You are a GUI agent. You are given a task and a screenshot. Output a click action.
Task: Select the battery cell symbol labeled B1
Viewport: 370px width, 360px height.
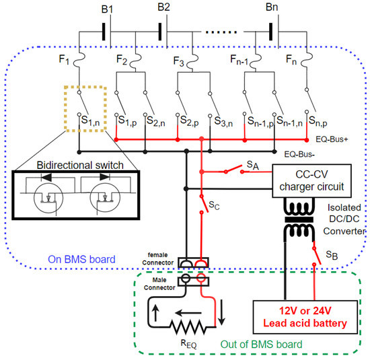(107, 32)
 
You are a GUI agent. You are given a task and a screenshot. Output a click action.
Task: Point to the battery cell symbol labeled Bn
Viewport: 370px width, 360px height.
(274, 32)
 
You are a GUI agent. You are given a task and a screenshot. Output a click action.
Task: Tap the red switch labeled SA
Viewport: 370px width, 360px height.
(234, 170)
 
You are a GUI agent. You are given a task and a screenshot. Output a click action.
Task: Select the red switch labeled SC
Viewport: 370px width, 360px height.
(204, 204)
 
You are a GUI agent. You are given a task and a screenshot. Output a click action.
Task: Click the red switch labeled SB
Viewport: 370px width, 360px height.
(317, 256)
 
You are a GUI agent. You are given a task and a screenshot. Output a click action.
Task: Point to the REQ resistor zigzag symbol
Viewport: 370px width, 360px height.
(188, 327)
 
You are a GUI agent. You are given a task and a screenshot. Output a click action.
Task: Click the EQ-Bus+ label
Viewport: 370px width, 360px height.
(332, 139)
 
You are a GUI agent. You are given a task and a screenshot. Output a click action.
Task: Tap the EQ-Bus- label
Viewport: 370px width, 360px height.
(299, 154)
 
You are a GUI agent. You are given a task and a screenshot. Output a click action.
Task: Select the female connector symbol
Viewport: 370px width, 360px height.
(193, 262)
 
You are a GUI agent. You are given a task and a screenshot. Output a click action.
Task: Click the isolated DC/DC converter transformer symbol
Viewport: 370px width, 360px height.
(299, 220)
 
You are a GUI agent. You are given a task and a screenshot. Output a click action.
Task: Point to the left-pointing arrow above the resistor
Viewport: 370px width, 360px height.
(188, 313)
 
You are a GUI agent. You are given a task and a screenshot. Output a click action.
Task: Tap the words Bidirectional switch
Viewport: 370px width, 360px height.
(80, 165)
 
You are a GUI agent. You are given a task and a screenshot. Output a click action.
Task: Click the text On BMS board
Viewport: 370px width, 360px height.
(81, 259)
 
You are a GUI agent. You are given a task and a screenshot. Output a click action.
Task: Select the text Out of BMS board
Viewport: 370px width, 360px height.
(261, 345)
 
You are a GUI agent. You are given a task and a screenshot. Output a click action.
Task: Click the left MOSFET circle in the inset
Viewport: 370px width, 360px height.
(34, 198)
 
